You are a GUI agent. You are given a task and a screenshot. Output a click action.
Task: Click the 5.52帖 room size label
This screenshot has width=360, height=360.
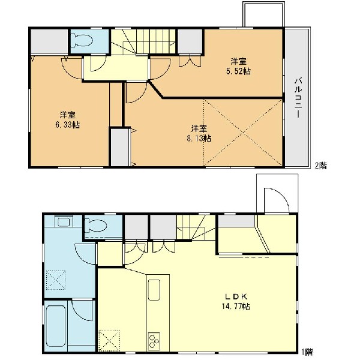click(238, 71)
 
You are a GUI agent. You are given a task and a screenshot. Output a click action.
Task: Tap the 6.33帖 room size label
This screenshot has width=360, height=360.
click(67, 125)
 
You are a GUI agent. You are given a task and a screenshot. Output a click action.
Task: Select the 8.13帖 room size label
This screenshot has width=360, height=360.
click(199, 139)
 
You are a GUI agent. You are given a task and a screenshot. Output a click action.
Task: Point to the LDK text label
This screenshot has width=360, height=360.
click(236, 296)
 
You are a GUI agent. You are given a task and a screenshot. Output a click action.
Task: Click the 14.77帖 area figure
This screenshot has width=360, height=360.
click(236, 307)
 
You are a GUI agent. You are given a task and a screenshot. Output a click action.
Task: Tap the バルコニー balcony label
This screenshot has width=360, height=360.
click(298, 98)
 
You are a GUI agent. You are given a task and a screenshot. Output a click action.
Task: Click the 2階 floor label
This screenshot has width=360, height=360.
click(321, 166)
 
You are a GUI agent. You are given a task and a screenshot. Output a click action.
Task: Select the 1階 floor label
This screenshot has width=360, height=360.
click(307, 352)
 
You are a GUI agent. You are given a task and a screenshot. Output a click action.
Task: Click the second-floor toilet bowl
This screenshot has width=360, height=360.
click(82, 41)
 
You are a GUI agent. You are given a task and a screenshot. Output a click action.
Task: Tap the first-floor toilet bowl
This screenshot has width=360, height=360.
click(95, 225)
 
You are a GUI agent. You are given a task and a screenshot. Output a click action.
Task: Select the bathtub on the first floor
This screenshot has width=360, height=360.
click(56, 326)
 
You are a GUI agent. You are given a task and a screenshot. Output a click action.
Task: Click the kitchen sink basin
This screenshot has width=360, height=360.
click(154, 290)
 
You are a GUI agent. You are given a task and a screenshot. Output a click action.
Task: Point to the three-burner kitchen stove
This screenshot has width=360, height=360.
click(154, 341)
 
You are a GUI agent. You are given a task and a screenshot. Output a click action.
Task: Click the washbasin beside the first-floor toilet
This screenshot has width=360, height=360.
click(64, 222)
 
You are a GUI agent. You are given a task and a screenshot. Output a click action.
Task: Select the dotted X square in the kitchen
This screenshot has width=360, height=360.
click(110, 340)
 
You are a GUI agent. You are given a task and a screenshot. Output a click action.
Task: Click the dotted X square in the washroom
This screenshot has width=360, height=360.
click(56, 280)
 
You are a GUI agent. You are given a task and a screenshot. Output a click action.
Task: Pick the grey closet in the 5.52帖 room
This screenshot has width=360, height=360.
click(190, 41)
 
